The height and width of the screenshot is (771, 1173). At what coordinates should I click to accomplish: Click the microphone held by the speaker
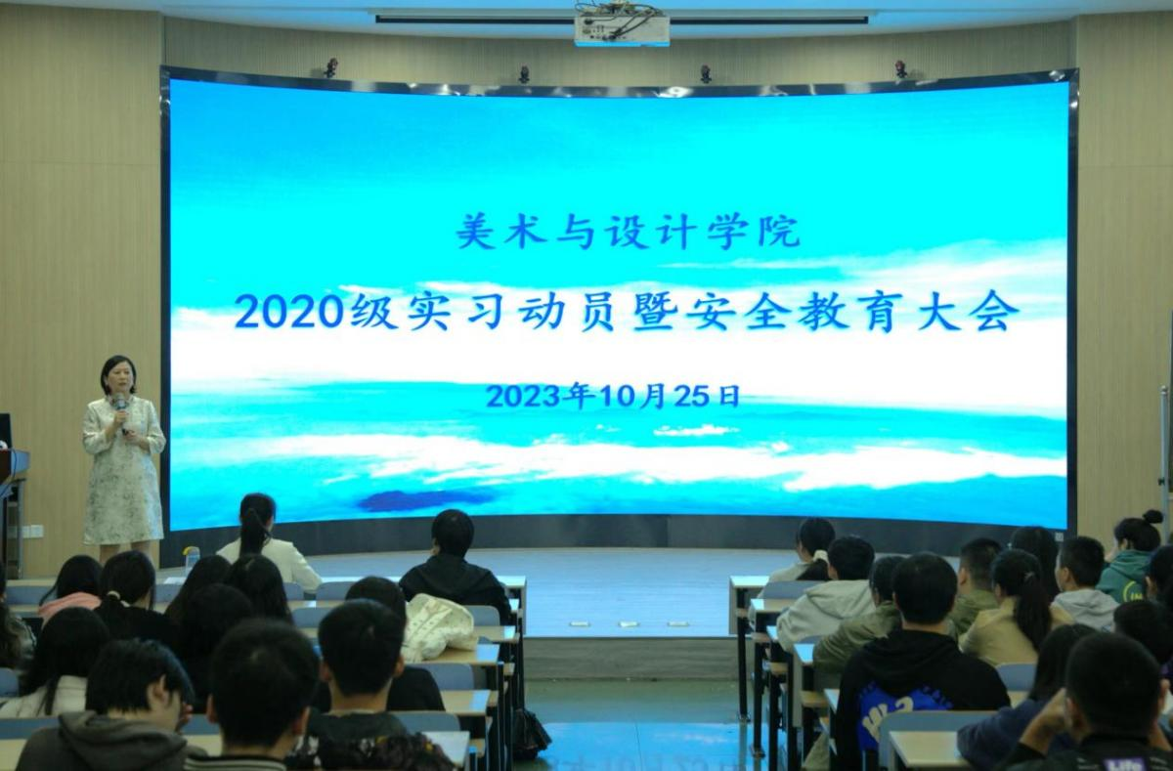point(121,410)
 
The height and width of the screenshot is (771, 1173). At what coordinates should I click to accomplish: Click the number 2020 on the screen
point(288,313)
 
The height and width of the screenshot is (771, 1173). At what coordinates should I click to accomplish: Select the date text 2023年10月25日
point(613,396)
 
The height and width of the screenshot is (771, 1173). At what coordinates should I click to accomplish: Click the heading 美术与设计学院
point(628,232)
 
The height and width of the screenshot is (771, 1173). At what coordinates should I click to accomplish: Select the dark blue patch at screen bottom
point(424,499)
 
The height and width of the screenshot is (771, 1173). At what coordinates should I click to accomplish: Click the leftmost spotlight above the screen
point(330,68)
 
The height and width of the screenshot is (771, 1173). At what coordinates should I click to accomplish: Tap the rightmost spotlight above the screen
point(900,69)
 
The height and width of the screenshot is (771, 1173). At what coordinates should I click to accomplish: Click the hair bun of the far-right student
point(1152,518)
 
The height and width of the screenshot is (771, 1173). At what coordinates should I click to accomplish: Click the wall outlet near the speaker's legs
point(32,531)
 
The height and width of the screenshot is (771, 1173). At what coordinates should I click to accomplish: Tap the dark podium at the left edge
point(12,502)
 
